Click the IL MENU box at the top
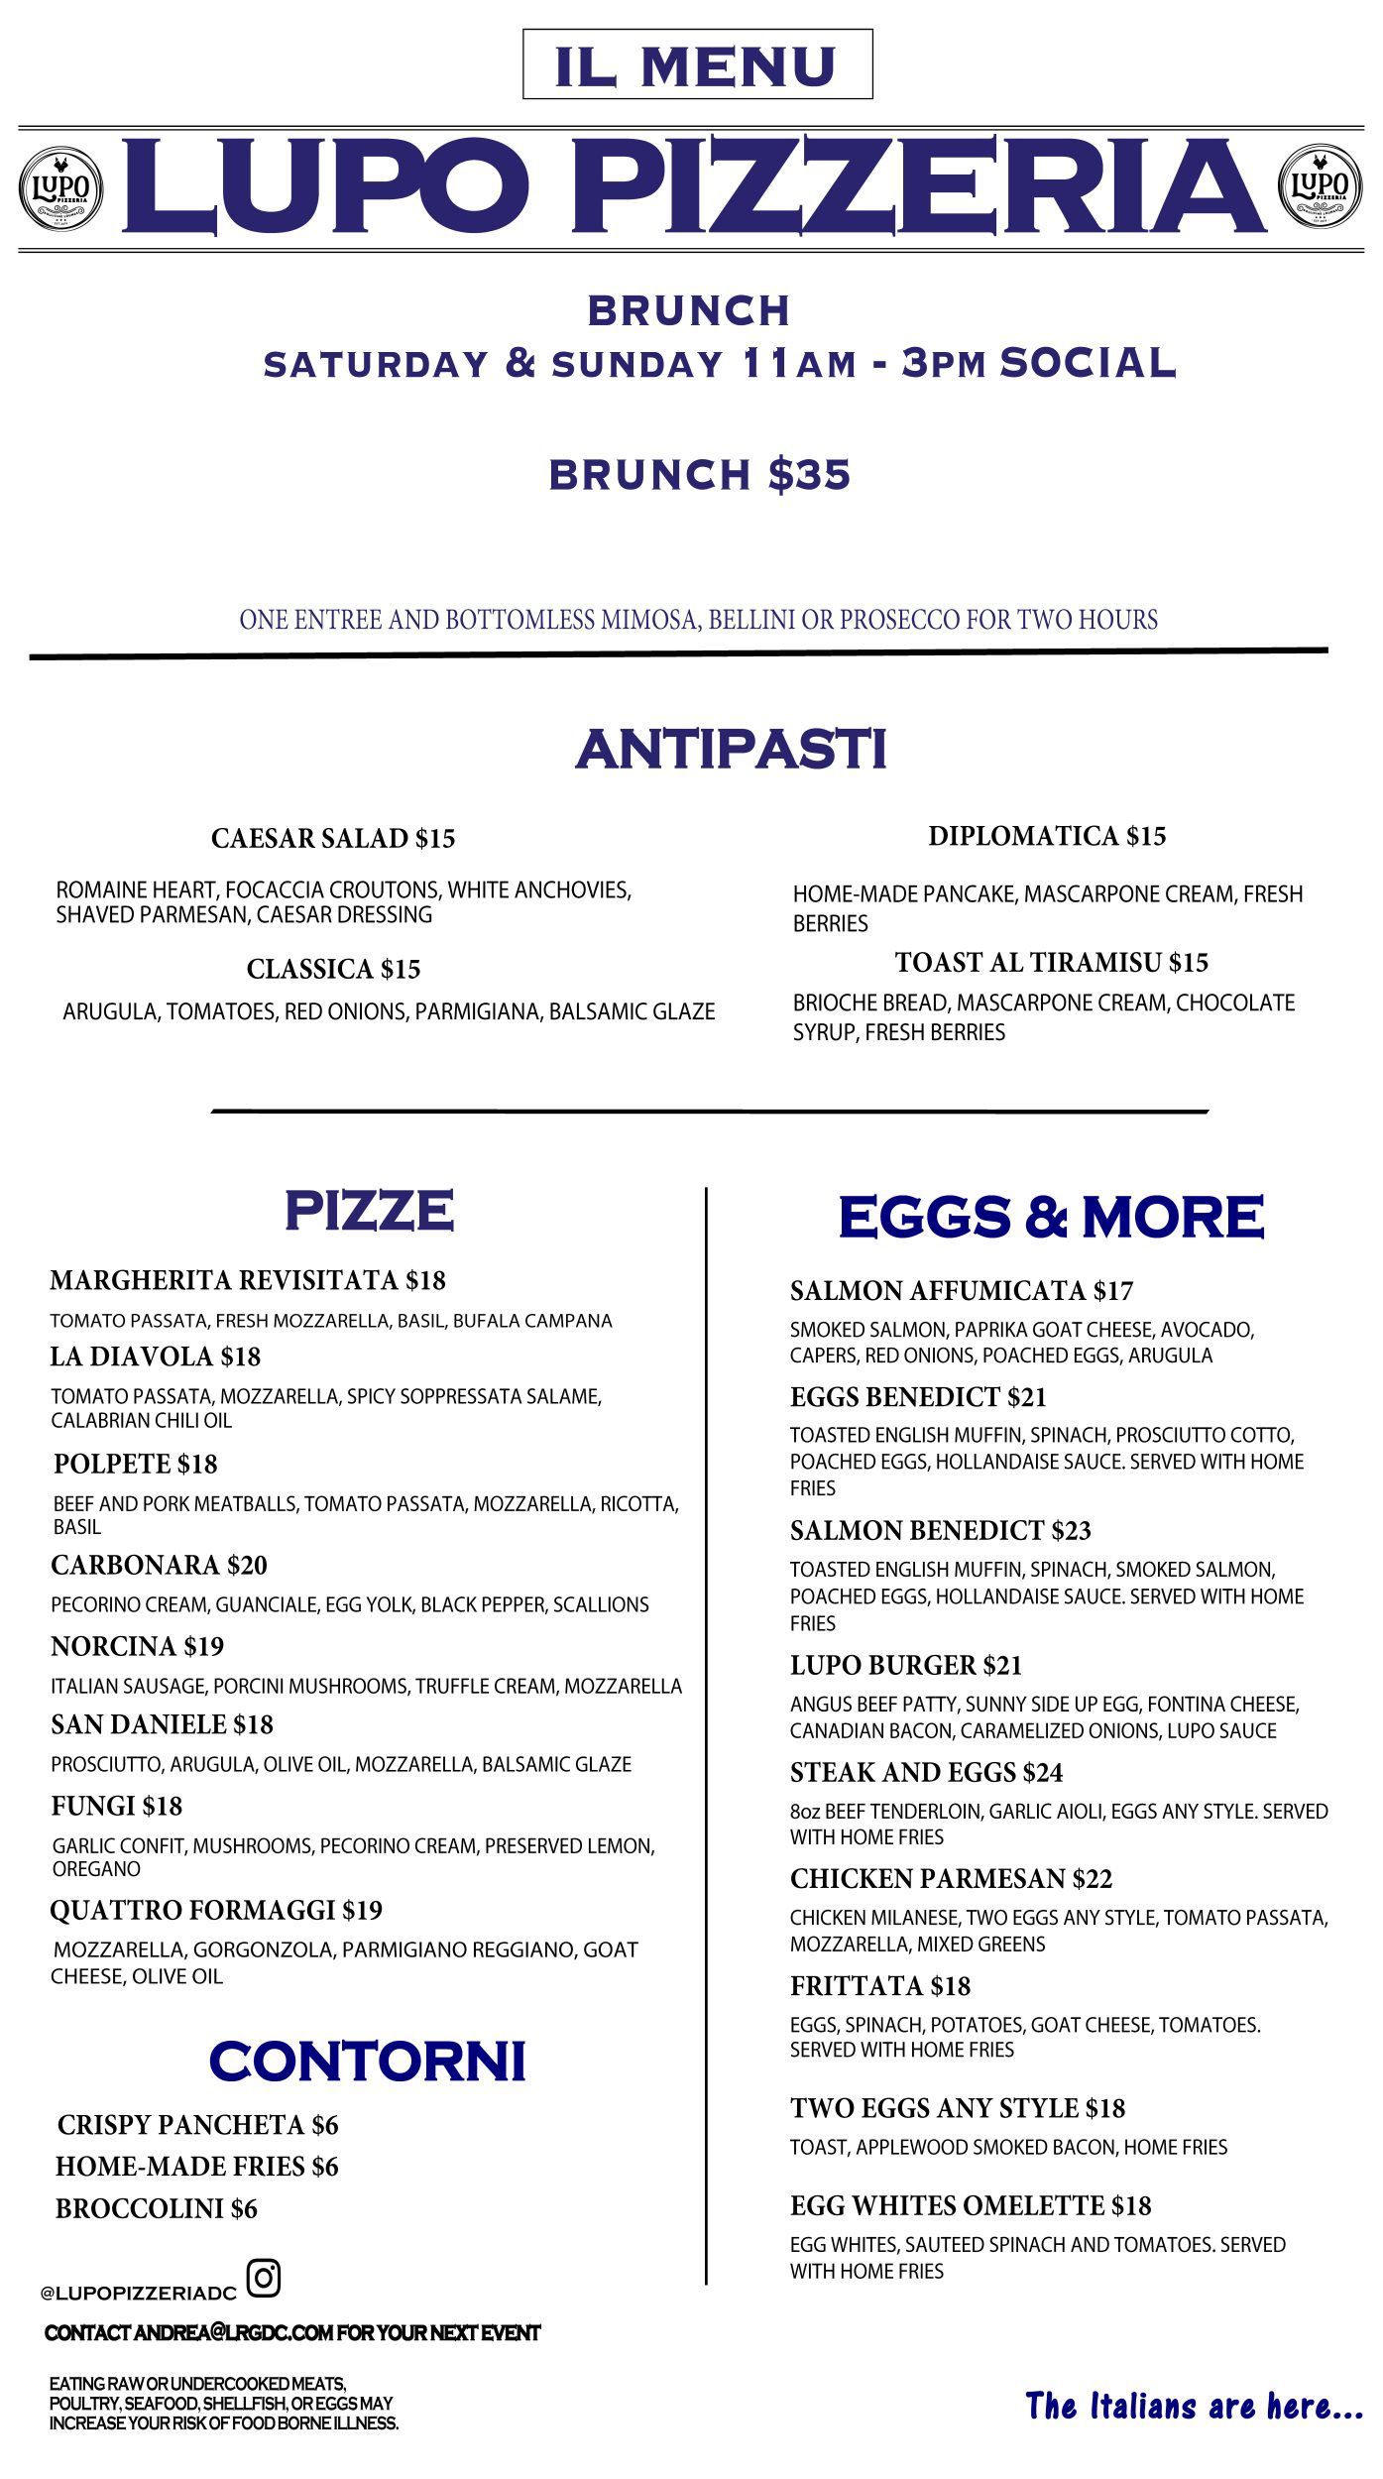tap(697, 64)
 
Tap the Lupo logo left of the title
tap(61, 187)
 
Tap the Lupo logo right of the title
tap(1320, 186)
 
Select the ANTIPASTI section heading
tap(731, 749)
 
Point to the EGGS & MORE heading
tap(1051, 1217)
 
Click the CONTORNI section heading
tap(367, 2061)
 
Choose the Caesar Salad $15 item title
tap(333, 839)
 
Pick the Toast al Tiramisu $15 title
tap(1051, 962)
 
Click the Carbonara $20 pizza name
tap(159, 1565)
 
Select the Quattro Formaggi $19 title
tap(216, 1910)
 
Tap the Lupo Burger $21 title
tap(905, 1665)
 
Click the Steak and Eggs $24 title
tap(926, 1772)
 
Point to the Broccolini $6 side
tap(156, 2208)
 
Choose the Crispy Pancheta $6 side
tap(197, 2125)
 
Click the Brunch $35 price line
tap(700, 474)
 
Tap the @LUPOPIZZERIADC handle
tap(139, 2293)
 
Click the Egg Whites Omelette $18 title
tap(971, 2205)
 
